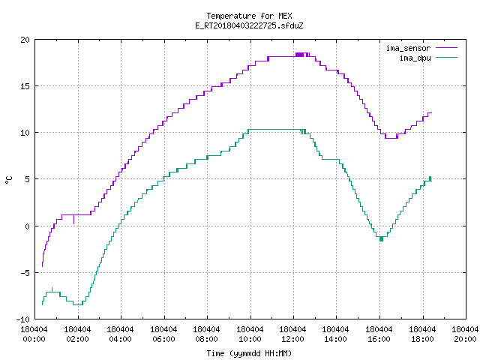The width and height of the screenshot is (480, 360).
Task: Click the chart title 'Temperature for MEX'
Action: [x=249, y=16]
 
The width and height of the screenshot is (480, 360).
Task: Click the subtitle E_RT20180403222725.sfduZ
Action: [x=249, y=25]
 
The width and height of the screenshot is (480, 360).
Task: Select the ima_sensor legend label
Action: [x=408, y=48]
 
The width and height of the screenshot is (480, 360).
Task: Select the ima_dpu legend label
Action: [x=415, y=58]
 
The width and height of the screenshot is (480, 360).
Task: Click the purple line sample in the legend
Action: [x=446, y=48]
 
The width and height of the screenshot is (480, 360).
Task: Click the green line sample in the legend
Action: [x=446, y=57]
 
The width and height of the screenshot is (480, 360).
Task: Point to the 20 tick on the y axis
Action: [x=25, y=40]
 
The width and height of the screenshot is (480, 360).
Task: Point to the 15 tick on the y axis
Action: [x=25, y=86]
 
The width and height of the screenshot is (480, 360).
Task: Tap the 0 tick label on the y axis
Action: [x=28, y=226]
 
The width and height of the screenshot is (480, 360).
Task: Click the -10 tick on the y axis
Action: [x=23, y=319]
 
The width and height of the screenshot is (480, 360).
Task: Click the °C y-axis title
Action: [x=8, y=180]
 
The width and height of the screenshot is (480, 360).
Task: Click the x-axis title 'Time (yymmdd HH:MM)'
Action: [x=249, y=353]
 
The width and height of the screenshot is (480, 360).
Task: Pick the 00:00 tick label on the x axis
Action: [x=34, y=339]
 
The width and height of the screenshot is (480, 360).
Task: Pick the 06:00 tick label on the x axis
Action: [x=163, y=339]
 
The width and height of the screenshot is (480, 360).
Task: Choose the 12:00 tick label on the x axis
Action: [x=293, y=339]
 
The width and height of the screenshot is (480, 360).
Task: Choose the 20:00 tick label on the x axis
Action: [x=465, y=339]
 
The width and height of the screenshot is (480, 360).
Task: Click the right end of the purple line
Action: [x=432, y=113]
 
